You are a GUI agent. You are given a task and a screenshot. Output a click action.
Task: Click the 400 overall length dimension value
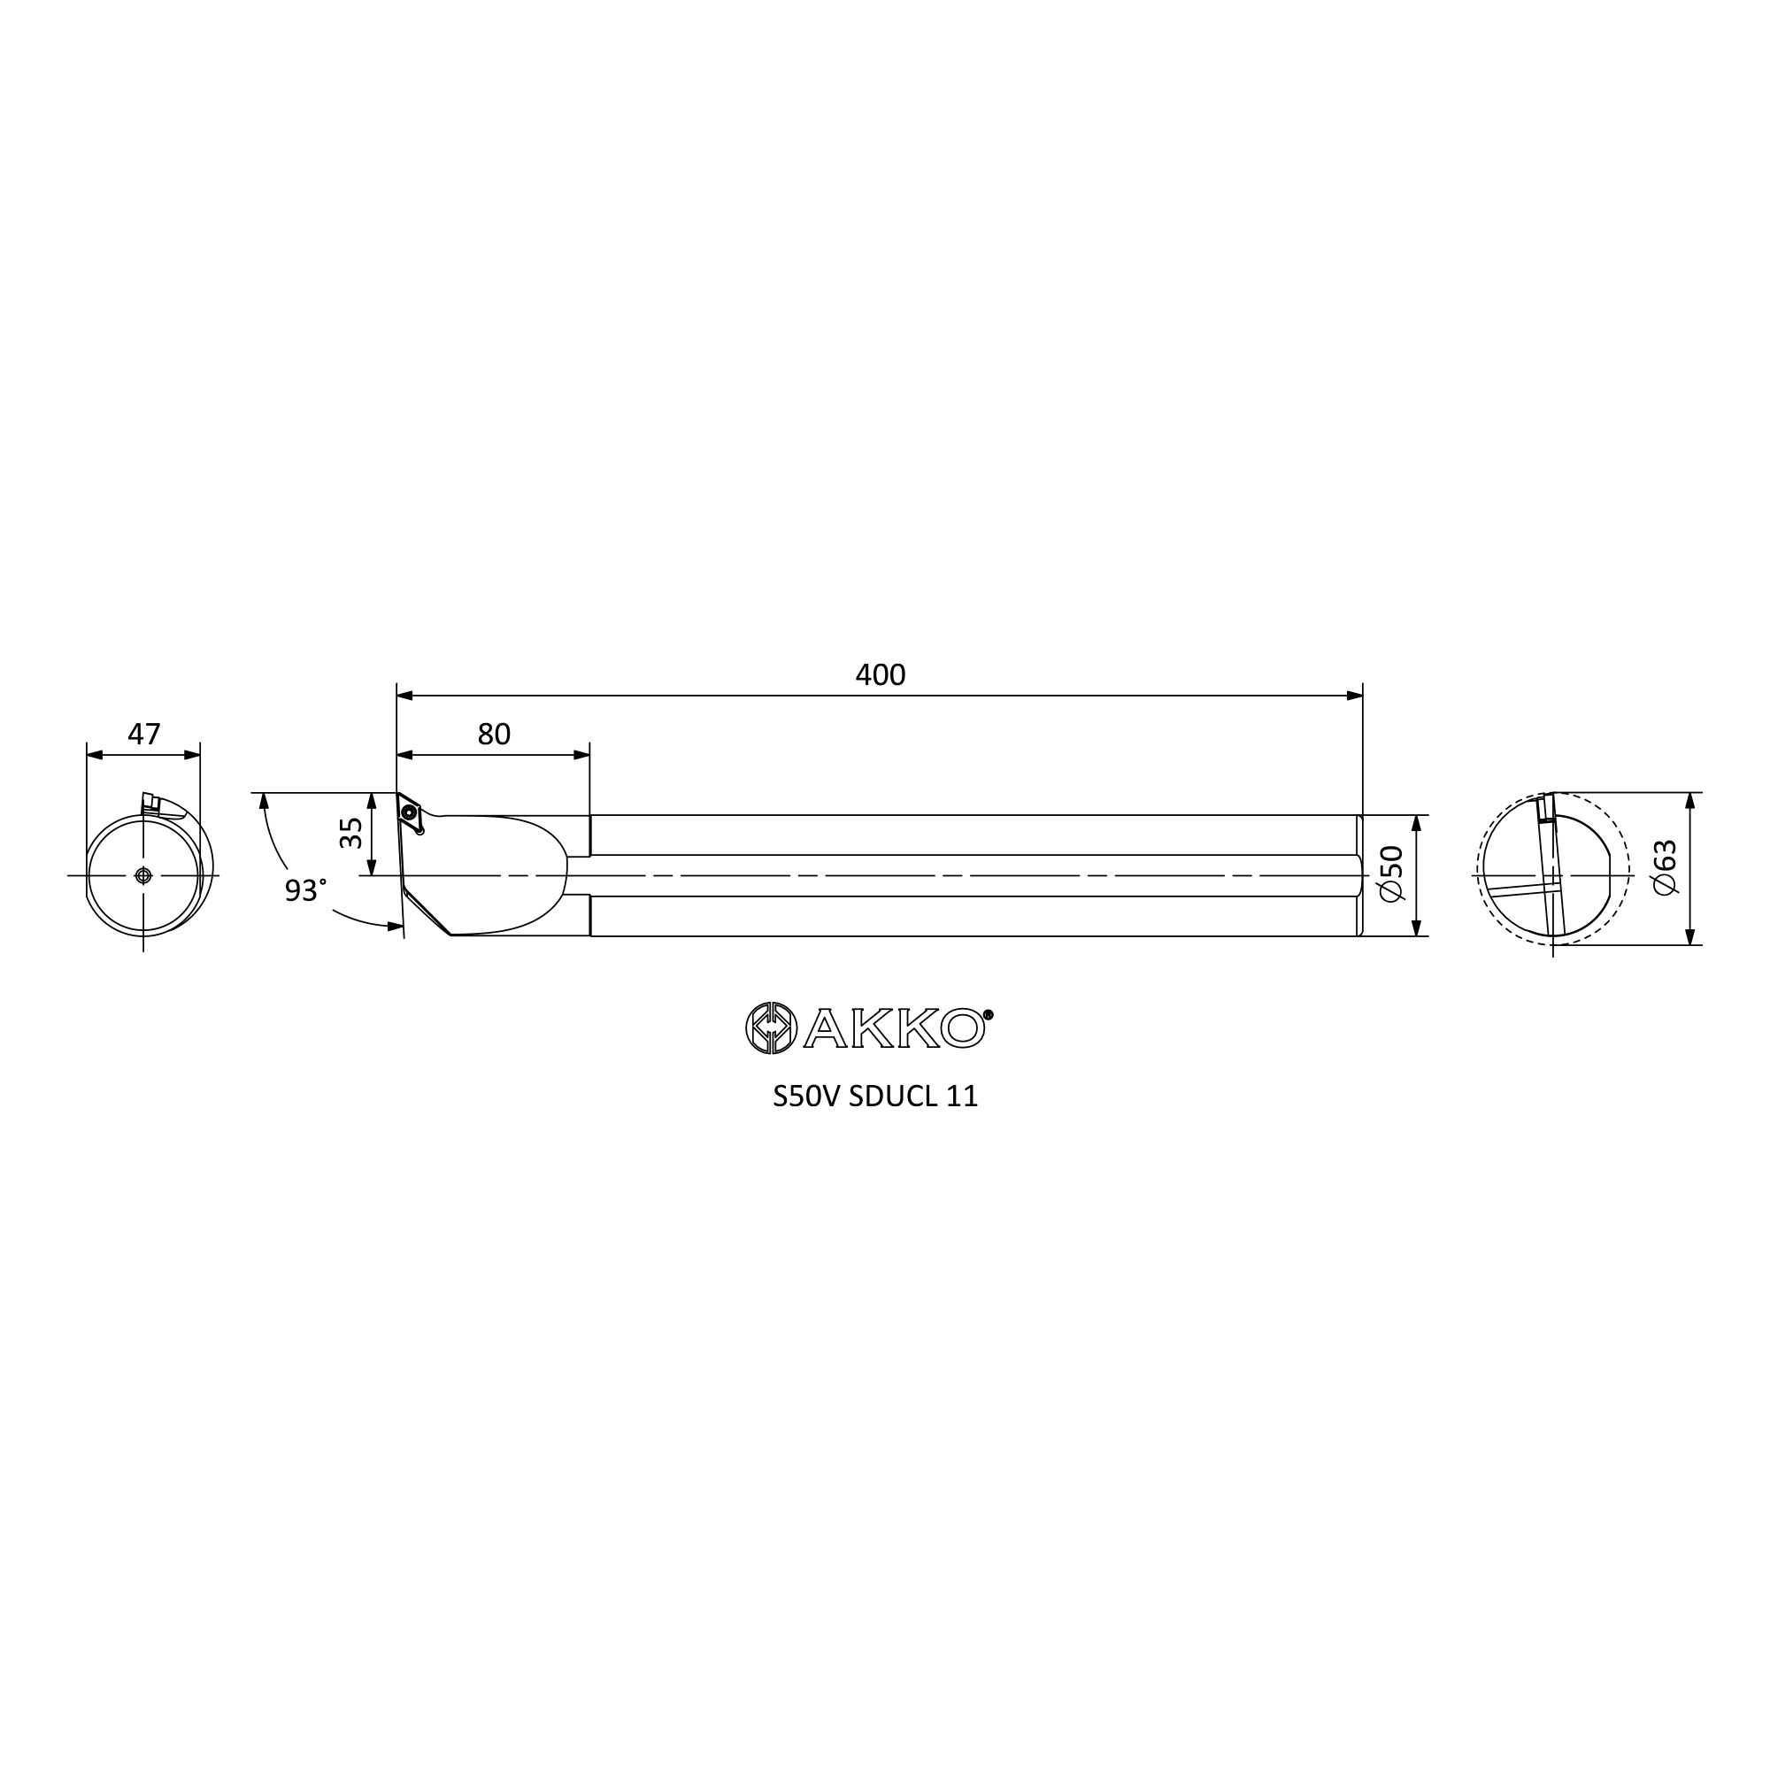[880, 674]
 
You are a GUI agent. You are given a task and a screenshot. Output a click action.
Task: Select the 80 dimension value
[494, 734]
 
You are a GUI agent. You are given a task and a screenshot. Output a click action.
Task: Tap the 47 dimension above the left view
[144, 734]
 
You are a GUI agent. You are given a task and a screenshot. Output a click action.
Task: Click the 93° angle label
[305, 889]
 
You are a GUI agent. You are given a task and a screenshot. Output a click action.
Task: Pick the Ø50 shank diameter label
[1390, 873]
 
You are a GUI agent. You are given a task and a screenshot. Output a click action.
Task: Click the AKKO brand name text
[894, 1027]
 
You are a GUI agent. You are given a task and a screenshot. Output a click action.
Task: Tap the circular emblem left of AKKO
[771, 1027]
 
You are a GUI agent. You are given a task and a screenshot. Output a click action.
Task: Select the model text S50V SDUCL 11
[875, 1097]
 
